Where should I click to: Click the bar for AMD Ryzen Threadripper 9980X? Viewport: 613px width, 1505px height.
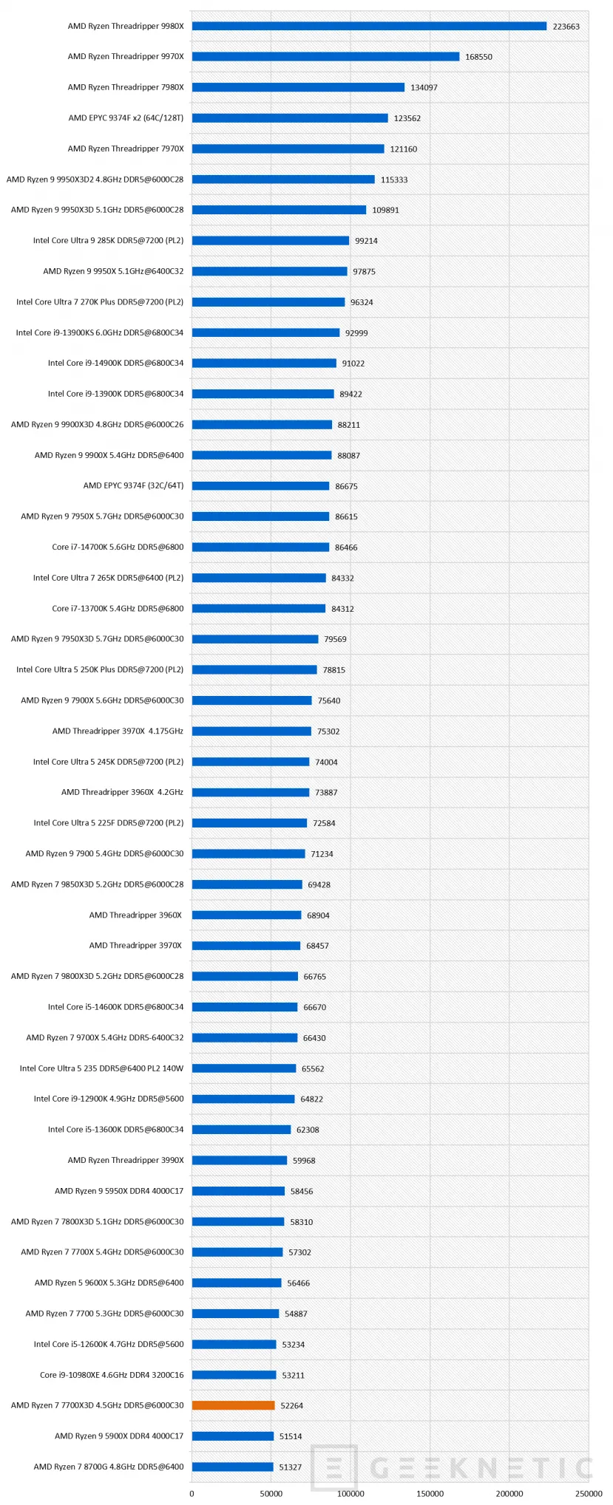pos(369,27)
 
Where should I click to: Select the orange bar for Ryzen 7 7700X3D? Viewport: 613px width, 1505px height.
pos(233,1405)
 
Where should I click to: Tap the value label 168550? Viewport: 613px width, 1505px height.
pos(478,57)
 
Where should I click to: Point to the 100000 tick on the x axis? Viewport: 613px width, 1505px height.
pos(350,1493)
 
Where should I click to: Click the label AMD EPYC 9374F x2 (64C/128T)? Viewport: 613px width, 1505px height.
pos(126,118)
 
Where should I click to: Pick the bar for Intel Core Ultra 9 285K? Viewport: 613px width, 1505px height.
pos(270,241)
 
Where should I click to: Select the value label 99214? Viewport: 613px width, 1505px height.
pos(366,241)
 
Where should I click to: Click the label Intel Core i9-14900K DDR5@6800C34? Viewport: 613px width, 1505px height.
pos(116,364)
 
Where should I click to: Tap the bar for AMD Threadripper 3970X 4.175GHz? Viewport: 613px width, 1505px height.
pos(251,731)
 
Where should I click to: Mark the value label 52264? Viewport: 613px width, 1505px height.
pos(292,1406)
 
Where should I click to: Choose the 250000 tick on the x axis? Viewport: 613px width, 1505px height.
pos(589,1493)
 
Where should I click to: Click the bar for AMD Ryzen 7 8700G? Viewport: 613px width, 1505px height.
pos(232,1467)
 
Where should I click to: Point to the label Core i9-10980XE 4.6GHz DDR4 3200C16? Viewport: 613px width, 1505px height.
pos(112,1375)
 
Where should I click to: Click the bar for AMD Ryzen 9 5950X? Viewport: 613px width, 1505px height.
pos(238,1191)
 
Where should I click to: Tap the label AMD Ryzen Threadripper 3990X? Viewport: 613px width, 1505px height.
pos(126,1160)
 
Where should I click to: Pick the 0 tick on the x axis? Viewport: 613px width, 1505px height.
pos(192,1493)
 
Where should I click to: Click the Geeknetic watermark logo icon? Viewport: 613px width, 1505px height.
pos(334,1467)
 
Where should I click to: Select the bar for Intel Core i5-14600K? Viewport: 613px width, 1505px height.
pos(245,1007)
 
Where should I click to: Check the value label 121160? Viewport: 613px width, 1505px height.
pos(404,149)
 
